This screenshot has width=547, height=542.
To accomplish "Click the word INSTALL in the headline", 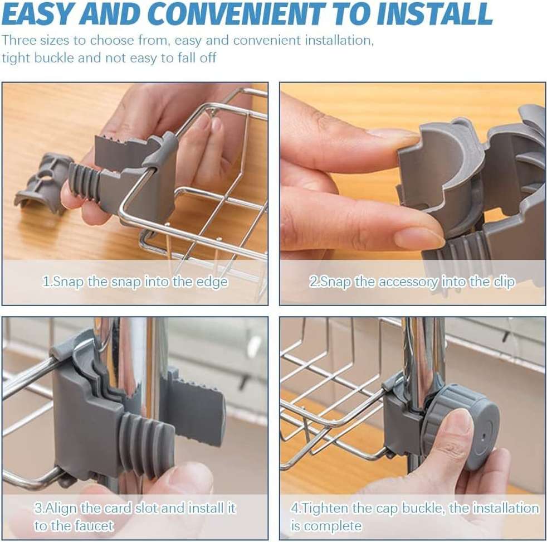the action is (x=434, y=13).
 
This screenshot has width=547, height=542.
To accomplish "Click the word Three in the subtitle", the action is (x=19, y=40).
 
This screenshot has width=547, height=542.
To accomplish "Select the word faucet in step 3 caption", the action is (x=91, y=526).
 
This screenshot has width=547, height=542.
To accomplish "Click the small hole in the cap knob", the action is (x=484, y=437).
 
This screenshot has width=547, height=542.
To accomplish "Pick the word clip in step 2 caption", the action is (x=504, y=282).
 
